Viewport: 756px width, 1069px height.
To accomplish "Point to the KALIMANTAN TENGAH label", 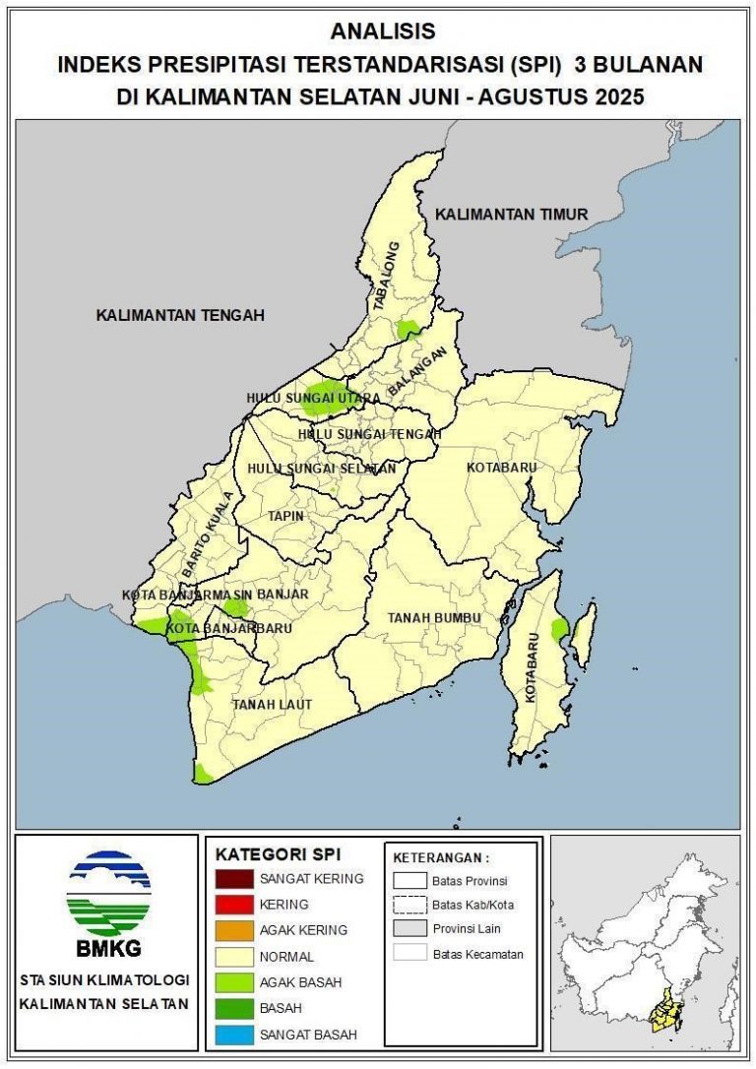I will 180,315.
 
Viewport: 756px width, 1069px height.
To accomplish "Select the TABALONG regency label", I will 384,277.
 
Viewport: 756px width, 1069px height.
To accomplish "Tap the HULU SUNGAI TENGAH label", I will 369,434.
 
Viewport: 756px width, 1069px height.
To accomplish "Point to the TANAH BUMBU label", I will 433,617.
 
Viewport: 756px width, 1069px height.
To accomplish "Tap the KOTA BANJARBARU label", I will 215,628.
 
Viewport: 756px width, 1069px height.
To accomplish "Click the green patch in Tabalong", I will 408,330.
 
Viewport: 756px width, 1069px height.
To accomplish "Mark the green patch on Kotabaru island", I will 560,629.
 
